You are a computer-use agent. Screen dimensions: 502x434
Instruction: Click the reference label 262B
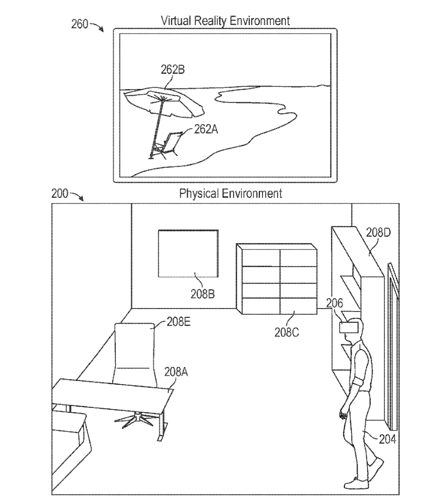(x=172, y=70)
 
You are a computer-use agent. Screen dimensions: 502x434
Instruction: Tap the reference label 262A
(x=206, y=129)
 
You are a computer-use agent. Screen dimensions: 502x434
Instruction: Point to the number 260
(x=80, y=24)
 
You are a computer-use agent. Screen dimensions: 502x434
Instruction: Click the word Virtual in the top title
(x=176, y=21)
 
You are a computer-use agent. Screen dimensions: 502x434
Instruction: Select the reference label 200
(x=60, y=194)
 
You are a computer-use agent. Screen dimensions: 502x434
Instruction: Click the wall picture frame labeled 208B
(x=188, y=253)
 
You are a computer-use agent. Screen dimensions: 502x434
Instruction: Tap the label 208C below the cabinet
(x=286, y=332)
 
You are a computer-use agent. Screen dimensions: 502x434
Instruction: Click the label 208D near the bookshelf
(x=378, y=232)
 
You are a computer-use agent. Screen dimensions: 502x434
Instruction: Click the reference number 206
(x=334, y=303)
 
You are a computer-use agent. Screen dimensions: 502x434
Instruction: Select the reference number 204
(x=387, y=439)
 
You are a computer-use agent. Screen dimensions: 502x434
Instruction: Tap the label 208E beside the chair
(x=179, y=322)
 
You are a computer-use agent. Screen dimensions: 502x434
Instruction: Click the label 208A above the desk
(x=176, y=372)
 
